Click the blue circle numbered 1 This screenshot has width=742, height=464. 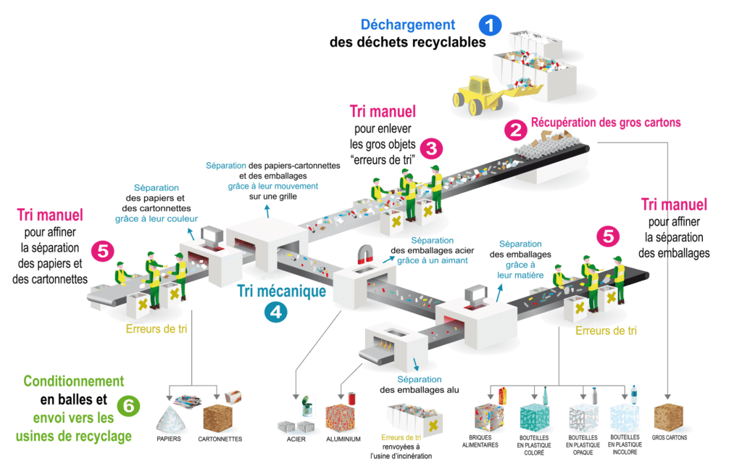490,25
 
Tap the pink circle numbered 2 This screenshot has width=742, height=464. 515,130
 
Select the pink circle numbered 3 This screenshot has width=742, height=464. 431,149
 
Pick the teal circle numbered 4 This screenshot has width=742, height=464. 275,312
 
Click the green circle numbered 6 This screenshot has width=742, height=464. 128,406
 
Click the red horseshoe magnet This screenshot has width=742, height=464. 366,254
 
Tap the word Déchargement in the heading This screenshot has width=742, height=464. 407,25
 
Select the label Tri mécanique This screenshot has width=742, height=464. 281,291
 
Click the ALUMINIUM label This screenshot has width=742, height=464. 343,439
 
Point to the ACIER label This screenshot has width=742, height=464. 296,439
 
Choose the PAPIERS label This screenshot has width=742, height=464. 168,439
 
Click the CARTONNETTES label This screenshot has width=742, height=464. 220,439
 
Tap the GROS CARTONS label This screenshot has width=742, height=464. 669,437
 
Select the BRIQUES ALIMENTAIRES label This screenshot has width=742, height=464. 480,442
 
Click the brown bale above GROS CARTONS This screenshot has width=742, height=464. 668,417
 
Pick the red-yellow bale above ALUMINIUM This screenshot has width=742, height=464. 340,418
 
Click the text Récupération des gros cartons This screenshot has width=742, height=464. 606,122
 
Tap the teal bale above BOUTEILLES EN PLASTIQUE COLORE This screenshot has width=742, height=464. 534,418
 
